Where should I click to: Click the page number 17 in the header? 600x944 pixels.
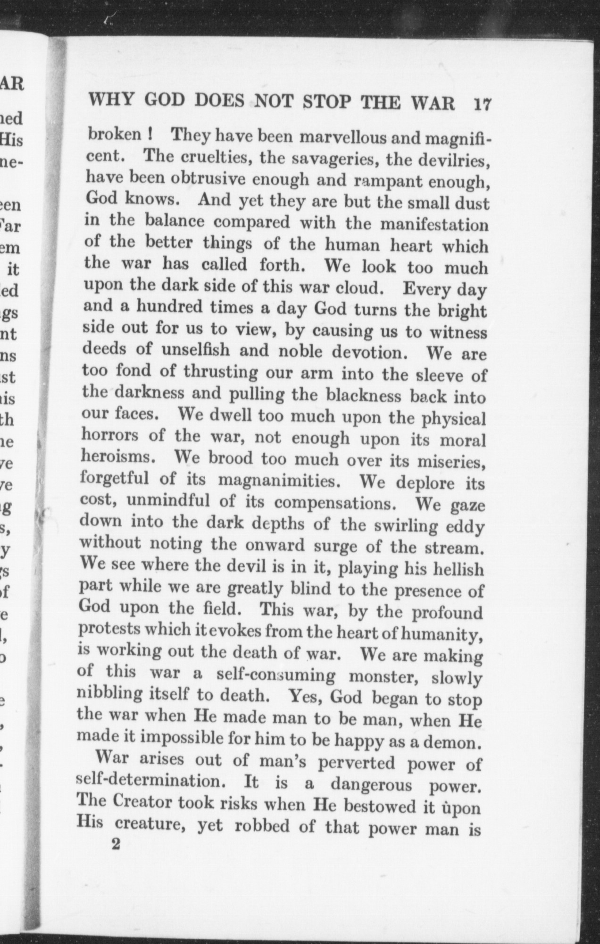click(x=482, y=103)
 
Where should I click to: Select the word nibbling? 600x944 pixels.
click(x=104, y=694)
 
